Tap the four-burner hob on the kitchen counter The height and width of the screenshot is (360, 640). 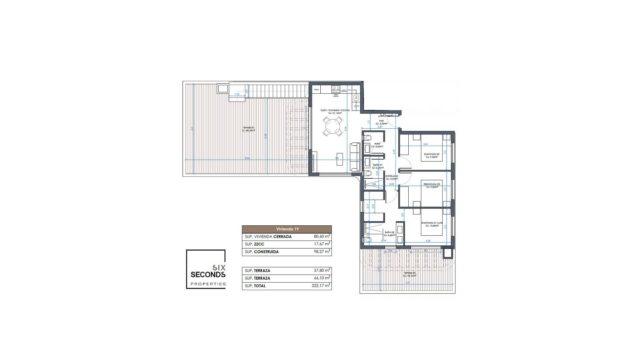tap(336, 89)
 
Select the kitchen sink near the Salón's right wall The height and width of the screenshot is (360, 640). tap(356, 98)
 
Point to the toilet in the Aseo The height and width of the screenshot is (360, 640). tap(368, 138)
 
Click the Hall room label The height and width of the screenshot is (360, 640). tap(381, 121)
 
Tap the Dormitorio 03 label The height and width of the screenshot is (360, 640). tap(432, 154)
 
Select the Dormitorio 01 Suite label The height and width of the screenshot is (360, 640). tap(432, 223)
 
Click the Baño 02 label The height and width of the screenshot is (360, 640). tap(389, 232)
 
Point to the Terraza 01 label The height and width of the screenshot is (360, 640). tap(248, 128)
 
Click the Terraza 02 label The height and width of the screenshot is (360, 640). tap(409, 273)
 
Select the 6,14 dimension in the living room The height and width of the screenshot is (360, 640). tap(346, 128)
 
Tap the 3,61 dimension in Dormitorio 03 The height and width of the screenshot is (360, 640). tap(426, 144)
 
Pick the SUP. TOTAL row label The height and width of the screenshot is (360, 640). tap(255, 286)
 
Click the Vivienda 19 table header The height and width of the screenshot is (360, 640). tap(287, 229)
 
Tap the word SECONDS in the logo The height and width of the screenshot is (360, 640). tap(208, 275)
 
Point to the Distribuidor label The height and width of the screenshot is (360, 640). tap(392, 176)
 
